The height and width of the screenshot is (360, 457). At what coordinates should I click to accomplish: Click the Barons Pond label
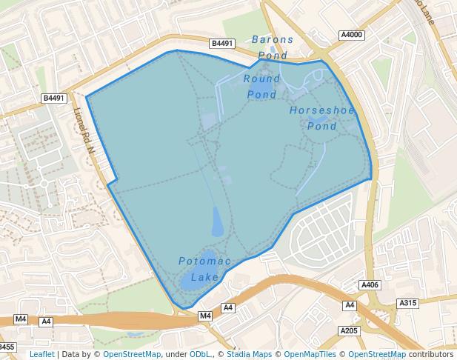[273, 47]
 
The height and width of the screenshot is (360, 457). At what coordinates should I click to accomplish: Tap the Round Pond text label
[262, 86]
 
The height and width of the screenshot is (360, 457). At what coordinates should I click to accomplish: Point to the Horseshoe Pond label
[322, 118]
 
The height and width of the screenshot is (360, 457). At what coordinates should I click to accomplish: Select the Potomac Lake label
[205, 269]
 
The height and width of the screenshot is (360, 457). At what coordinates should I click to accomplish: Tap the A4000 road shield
[352, 35]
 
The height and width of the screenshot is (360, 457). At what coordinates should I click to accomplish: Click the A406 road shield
[370, 285]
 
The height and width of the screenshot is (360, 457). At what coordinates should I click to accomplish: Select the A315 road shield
[408, 303]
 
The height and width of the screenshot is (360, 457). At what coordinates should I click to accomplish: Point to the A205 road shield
[348, 330]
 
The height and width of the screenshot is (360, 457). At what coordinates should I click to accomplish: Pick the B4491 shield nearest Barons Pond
[222, 44]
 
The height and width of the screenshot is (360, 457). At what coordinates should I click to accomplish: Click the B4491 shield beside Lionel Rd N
[54, 98]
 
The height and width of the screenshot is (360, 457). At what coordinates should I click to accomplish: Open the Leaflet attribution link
[41, 354]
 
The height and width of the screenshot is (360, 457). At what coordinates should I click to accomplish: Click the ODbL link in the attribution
[200, 354]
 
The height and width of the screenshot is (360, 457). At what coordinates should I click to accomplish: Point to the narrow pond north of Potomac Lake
[217, 221]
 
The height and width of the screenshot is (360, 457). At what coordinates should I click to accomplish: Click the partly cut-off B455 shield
[7, 347]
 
